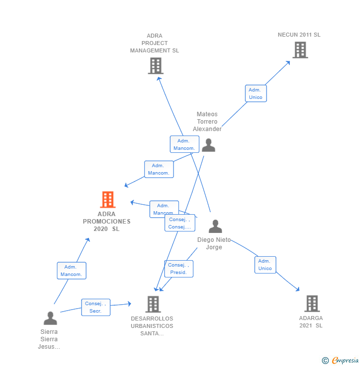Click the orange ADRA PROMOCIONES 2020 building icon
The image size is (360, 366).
pyautogui.click(x=107, y=200)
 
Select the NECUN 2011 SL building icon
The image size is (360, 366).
pyautogui.click(x=300, y=50)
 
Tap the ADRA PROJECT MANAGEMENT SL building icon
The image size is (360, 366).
pyautogui.click(x=155, y=66)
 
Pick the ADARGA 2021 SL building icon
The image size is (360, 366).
pyautogui.click(x=312, y=303)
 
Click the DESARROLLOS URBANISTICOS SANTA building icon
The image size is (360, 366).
pyautogui.click(x=153, y=304)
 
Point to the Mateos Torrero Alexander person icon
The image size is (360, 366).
pyautogui.click(x=208, y=145)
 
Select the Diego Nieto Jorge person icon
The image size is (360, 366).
pyautogui.click(x=215, y=227)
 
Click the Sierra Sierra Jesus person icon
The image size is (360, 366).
pyautogui.click(x=50, y=318)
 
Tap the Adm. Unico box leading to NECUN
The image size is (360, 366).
pyautogui.click(x=256, y=93)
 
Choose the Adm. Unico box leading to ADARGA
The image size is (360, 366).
pyautogui.click(x=265, y=265)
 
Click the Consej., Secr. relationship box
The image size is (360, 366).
pyautogui.click(x=95, y=307)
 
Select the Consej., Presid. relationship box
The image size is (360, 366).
pyautogui.click(x=179, y=269)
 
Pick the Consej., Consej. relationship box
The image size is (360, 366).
pyautogui.click(x=180, y=223)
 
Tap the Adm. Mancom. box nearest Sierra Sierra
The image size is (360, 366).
pyautogui.click(x=71, y=271)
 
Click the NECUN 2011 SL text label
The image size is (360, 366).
pyautogui.click(x=299, y=35)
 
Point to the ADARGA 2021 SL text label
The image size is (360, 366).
pyautogui.click(x=311, y=322)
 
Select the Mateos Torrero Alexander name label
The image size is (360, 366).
pyautogui.click(x=207, y=122)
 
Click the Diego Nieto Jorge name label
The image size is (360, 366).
pyautogui.click(x=214, y=243)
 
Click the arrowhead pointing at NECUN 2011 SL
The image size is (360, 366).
pyautogui.click(x=288, y=62)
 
